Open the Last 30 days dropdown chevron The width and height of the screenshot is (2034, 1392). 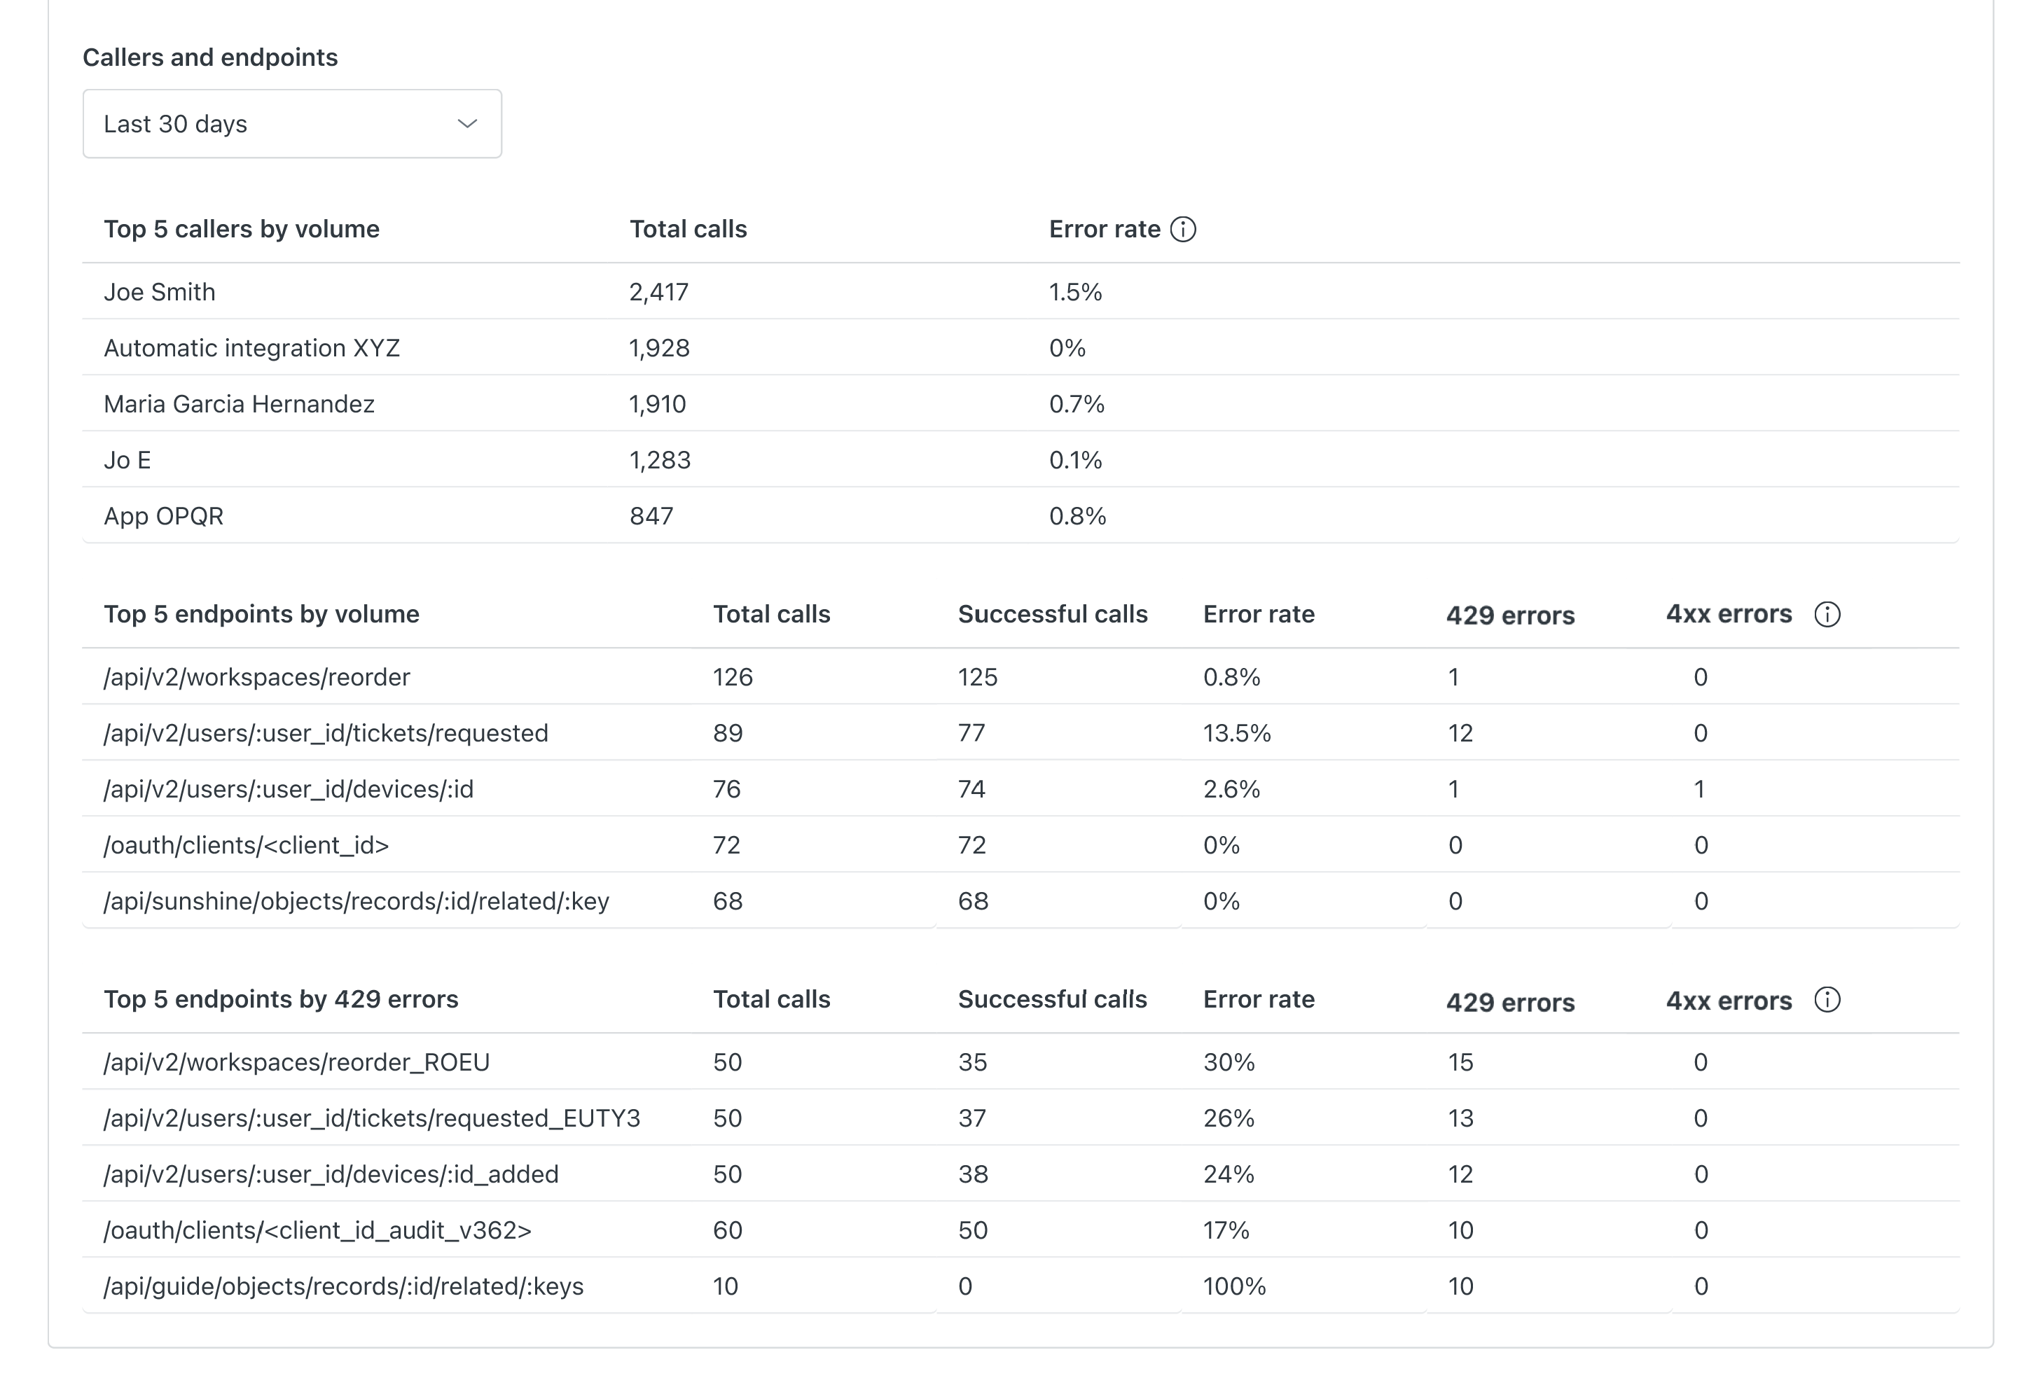click(466, 123)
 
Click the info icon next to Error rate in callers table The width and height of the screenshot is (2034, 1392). click(1182, 229)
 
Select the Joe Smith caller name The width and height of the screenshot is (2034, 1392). click(159, 292)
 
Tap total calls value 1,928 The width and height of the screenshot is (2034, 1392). click(659, 348)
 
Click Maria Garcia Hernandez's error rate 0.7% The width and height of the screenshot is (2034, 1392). click(1077, 404)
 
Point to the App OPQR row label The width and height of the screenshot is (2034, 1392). click(164, 516)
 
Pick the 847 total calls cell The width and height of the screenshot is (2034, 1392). click(651, 516)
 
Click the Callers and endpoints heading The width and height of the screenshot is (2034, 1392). click(210, 57)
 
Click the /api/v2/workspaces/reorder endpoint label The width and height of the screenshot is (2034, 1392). click(256, 677)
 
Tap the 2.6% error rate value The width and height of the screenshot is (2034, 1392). click(1231, 789)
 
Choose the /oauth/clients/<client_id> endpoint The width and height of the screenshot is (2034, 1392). click(246, 845)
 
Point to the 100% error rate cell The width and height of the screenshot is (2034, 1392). click(1234, 1286)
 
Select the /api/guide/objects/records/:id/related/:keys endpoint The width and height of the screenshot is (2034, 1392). click(343, 1286)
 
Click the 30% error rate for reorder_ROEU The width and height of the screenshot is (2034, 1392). click(1229, 1062)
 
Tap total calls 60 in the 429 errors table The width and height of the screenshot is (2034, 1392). click(727, 1230)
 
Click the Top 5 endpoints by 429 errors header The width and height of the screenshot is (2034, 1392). click(281, 999)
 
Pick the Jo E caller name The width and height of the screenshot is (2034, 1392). click(127, 460)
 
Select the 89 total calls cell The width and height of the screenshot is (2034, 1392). click(727, 733)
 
